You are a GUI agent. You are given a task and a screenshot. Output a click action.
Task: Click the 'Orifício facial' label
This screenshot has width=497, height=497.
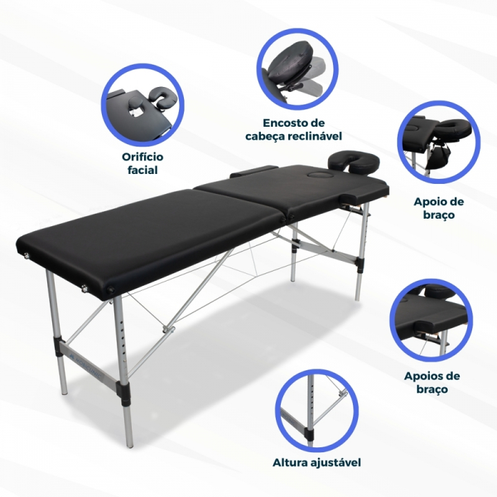coord(142,163)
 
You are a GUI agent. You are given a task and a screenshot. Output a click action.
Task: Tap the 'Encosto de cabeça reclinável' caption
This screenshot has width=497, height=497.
coord(293,130)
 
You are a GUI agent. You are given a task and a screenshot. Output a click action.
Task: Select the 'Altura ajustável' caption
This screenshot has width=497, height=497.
coord(317,462)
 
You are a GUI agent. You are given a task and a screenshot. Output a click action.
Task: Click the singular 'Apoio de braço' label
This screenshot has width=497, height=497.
coord(439,208)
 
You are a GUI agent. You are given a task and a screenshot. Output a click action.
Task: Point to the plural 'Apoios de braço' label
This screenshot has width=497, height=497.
coord(432,383)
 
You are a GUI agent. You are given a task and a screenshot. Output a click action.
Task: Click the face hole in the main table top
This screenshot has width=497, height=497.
coord(317,175)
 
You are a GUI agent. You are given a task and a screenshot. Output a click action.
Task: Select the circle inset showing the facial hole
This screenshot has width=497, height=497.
coord(142,104)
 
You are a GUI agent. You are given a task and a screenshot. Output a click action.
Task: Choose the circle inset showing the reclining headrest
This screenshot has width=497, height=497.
coord(298,69)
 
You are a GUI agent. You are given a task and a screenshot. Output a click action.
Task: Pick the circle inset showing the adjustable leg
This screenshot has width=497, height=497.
coord(316,411)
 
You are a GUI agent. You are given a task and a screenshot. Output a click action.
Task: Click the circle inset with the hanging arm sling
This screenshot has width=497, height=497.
coord(439,142)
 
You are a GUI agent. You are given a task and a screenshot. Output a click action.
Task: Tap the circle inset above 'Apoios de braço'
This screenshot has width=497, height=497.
coord(431,321)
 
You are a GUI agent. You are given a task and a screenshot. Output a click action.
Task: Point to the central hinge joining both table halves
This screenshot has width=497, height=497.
coord(286,217)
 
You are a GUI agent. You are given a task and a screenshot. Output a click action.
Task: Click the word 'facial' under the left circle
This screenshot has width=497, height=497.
coord(142,170)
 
